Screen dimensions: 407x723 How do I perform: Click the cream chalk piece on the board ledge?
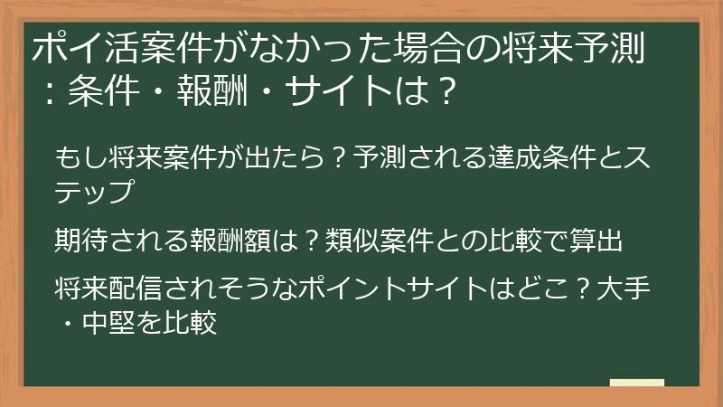coord(636,383)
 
